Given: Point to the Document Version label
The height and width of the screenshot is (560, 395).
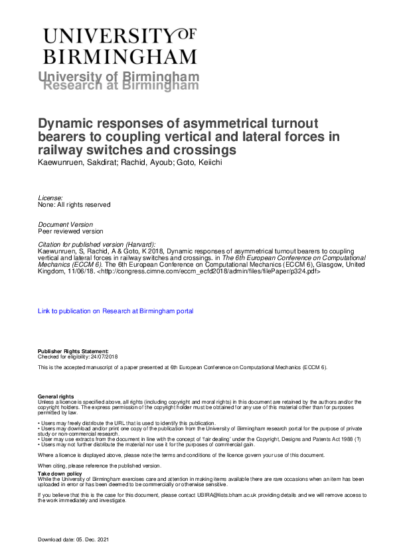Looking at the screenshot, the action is click(x=66, y=225).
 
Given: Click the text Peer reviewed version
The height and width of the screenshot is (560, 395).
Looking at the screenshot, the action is click(x=70, y=231).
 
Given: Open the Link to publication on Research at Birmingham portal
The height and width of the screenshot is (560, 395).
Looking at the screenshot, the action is click(x=116, y=311).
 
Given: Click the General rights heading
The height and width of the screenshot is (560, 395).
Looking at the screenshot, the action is click(x=56, y=397).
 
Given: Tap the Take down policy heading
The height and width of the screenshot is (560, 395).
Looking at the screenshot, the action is click(x=59, y=473).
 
